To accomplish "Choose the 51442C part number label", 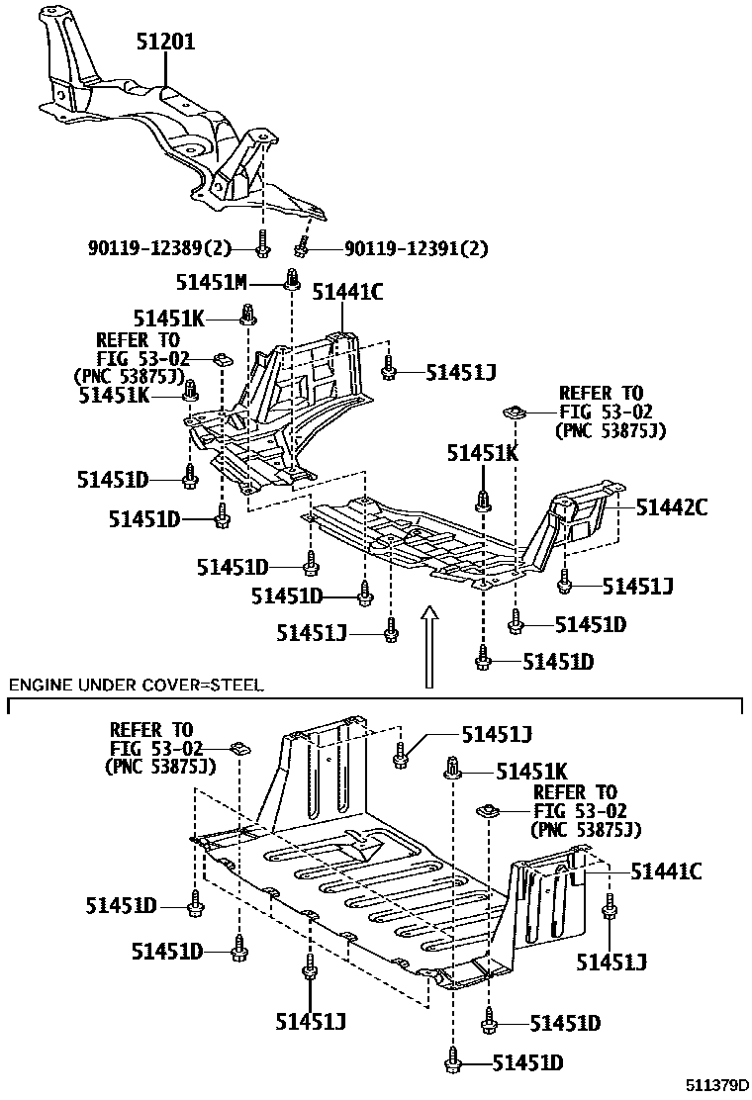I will tap(671, 507).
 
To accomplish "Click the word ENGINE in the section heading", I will tap(39, 685).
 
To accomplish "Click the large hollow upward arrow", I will tap(427, 647).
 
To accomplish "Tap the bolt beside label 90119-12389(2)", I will tap(262, 241).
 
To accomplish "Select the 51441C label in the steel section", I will tap(666, 871).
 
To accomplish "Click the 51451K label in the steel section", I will tap(530, 771).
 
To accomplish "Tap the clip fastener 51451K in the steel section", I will tap(453, 767).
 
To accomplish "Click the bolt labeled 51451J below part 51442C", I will tap(564, 583).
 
